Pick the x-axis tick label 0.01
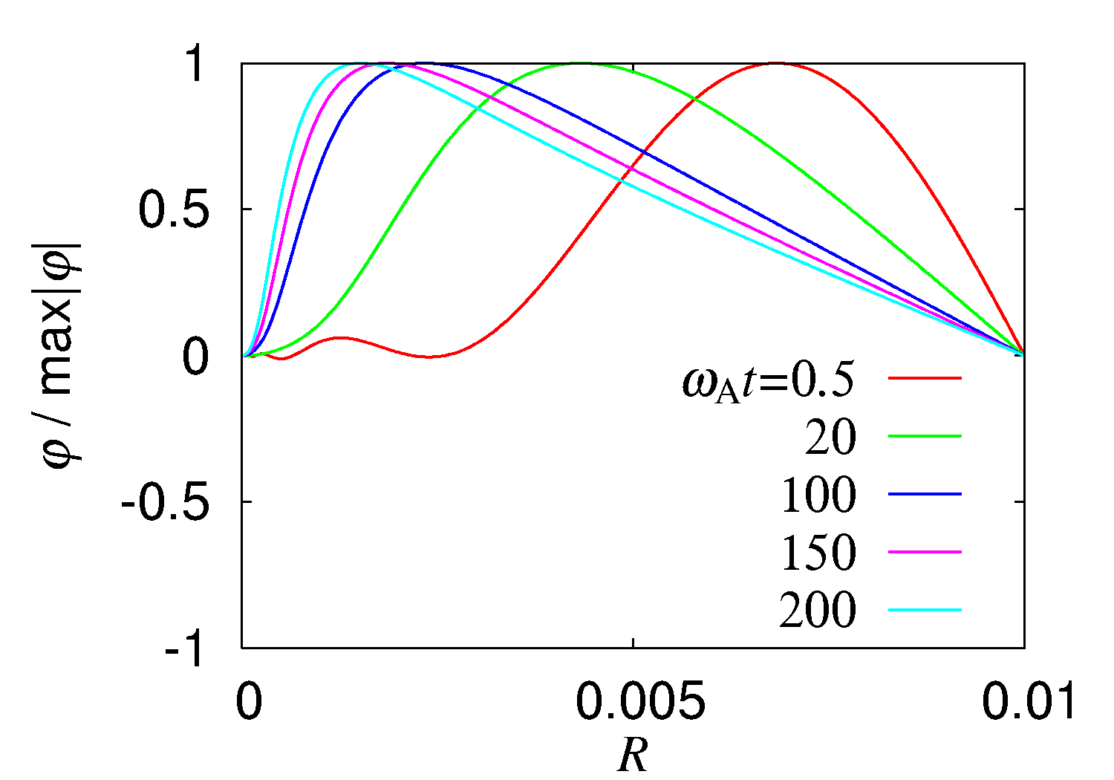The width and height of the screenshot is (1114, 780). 1029,702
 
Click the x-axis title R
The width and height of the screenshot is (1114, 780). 633,756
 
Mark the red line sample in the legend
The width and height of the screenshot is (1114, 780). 925,377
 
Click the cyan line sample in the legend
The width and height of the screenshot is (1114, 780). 925,610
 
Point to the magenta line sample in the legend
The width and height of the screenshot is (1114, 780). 925,552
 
